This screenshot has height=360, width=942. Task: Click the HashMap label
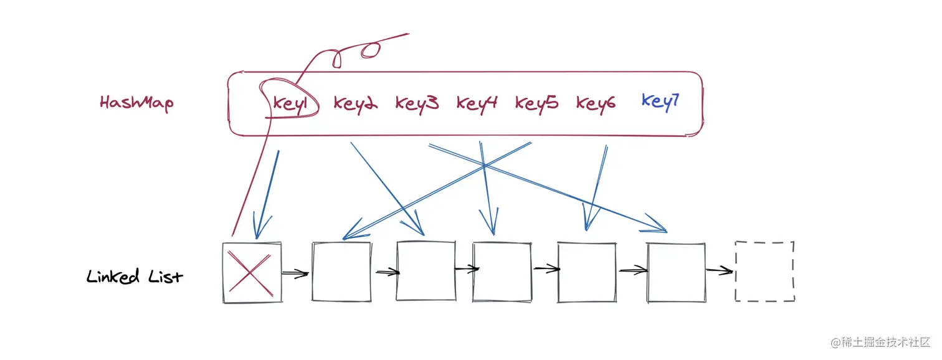136,103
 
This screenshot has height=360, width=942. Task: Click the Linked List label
135,276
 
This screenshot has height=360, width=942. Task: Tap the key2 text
355,104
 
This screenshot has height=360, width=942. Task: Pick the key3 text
417,103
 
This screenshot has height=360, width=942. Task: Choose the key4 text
477,103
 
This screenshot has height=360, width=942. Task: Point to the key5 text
536,103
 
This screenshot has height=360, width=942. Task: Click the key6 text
596,103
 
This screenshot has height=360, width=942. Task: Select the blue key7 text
659,102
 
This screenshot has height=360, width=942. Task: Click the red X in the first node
251,272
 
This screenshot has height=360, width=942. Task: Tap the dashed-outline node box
764,272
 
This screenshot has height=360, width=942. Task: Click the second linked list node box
341,272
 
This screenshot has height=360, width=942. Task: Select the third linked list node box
426,272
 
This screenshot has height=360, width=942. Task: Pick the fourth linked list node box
502,272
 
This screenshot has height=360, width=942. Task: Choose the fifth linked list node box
586,272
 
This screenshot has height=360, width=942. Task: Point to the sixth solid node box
677,272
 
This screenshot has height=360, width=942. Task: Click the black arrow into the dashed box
719,271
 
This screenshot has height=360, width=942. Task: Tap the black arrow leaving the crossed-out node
295,273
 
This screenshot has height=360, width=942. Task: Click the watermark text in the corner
880,343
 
